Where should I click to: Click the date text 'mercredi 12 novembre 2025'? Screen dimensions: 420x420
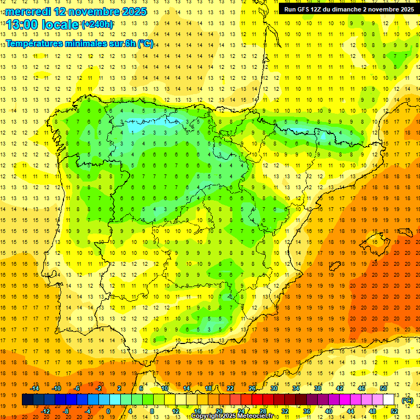pos(76,11)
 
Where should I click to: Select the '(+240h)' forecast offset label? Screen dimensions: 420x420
pos(97,25)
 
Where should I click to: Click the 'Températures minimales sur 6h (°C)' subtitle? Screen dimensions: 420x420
pos(80,44)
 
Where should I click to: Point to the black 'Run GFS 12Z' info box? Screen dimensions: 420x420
pos(349,9)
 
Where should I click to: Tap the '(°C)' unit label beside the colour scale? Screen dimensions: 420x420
pos(407,400)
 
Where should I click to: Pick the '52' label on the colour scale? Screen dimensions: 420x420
pos(394,411)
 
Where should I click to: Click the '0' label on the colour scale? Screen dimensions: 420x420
pos(108,411)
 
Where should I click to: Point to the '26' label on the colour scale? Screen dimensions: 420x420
pos(252,388)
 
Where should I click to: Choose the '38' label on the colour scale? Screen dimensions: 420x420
pos(318,388)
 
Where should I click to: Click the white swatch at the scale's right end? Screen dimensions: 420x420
pos(389,400)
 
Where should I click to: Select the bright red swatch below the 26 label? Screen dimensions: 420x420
pos(258,400)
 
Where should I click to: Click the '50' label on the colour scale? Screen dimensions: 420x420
pos(383,388)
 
